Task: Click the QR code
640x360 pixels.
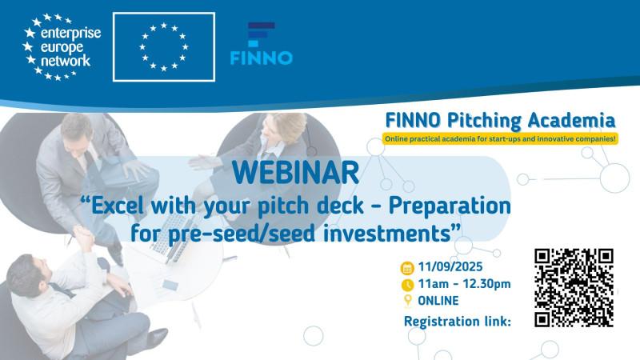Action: (x=574, y=287)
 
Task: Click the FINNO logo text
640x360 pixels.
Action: (x=262, y=58)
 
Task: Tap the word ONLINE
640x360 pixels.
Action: (x=438, y=301)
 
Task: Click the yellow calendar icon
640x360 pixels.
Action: (x=406, y=267)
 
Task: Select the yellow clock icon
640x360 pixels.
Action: (x=406, y=284)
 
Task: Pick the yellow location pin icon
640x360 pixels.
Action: (x=406, y=301)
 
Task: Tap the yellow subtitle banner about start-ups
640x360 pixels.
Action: (x=500, y=139)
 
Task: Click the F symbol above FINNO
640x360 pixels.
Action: (x=261, y=34)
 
